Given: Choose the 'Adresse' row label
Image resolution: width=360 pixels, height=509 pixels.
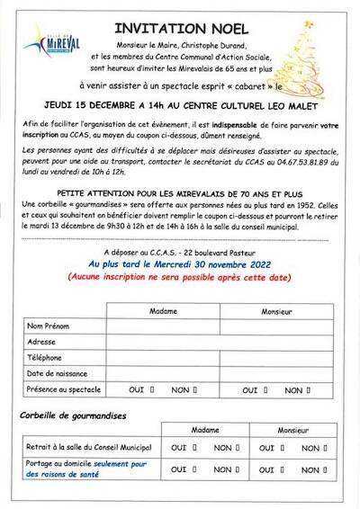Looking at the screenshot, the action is click(x=42, y=342).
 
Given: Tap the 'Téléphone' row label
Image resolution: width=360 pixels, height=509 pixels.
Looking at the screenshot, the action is click(x=45, y=357).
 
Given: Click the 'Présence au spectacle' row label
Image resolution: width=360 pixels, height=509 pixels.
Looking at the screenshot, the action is click(x=63, y=389).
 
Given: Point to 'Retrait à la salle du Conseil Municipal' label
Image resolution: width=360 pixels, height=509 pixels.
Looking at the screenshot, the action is click(x=88, y=448).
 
